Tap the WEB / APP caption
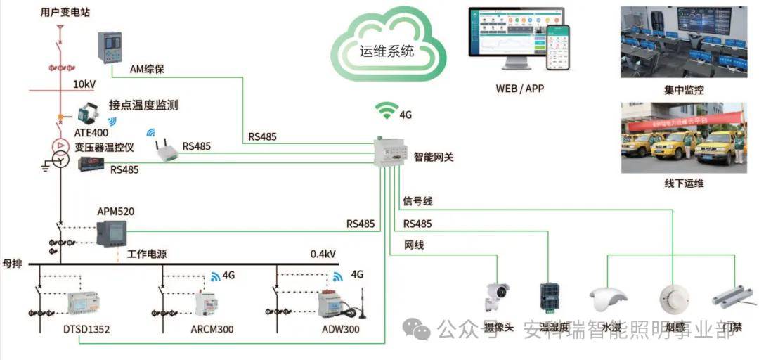519,89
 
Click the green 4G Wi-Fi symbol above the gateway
386,111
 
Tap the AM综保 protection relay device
110,47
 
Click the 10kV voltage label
84,84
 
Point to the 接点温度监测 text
143,105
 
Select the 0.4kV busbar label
323,254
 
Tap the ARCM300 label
212,329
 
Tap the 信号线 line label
417,202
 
